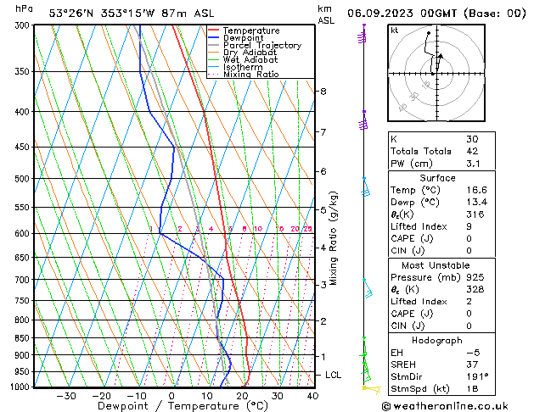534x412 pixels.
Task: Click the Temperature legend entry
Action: (250, 31)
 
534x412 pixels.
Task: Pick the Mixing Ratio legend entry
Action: (251, 75)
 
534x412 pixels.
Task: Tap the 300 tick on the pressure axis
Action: (21, 25)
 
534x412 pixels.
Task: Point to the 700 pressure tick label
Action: (21, 280)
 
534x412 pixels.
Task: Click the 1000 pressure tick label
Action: (19, 387)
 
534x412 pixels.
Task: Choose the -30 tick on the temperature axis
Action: (65, 396)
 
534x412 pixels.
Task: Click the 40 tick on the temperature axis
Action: (312, 396)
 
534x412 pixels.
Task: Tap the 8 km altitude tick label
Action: (323, 91)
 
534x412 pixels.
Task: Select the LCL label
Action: (334, 375)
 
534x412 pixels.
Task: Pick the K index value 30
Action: (472, 139)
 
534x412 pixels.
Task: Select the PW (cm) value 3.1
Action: (472, 164)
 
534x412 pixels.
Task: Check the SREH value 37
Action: (472, 365)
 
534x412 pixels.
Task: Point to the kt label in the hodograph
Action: (395, 30)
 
